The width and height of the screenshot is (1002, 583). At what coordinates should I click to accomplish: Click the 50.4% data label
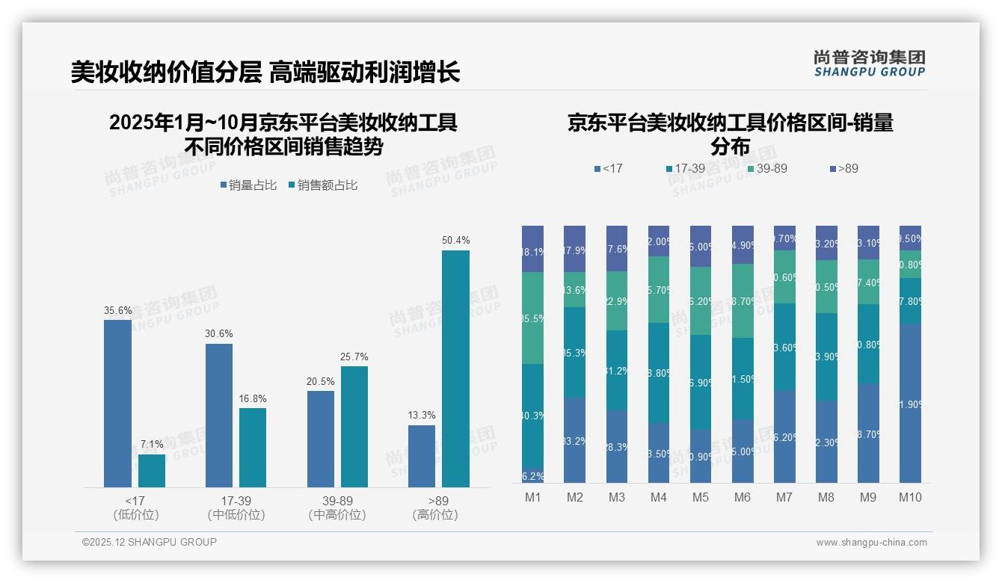455,240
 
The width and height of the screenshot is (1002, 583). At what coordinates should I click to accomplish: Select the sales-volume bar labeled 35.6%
117,404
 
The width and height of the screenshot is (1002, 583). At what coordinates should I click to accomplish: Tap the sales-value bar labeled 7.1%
151,471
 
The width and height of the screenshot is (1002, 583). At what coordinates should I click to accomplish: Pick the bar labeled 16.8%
253,448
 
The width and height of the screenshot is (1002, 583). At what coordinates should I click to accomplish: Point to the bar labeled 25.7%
354,427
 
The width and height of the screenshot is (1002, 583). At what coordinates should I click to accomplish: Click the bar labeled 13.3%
422,456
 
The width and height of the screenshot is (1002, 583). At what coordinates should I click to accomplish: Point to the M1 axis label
532,497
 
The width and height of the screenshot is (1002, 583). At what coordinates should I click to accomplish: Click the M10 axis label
910,497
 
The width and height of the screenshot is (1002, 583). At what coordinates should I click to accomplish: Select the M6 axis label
743,497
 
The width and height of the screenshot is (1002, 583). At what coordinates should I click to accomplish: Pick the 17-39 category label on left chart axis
236,501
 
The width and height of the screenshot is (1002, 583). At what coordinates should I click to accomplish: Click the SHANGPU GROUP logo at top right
869,64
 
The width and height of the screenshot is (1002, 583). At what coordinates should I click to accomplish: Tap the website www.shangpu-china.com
871,543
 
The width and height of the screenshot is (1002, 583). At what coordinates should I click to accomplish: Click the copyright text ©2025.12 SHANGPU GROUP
150,542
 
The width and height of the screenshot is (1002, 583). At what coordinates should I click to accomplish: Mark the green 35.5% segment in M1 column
532,318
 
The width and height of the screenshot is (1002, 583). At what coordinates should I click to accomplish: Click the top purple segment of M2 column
574,249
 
